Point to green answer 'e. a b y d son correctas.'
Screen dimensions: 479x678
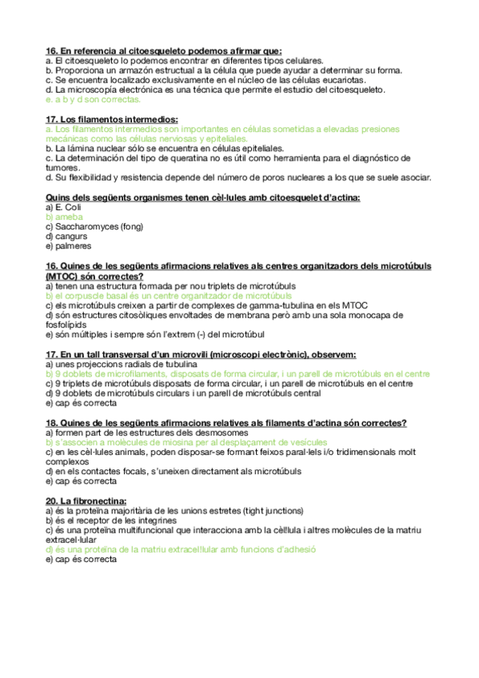[x=94, y=100]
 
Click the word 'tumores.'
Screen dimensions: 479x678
[x=64, y=169]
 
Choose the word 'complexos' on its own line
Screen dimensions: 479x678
[x=68, y=461]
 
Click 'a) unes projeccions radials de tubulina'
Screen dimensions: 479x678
[x=128, y=364]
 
